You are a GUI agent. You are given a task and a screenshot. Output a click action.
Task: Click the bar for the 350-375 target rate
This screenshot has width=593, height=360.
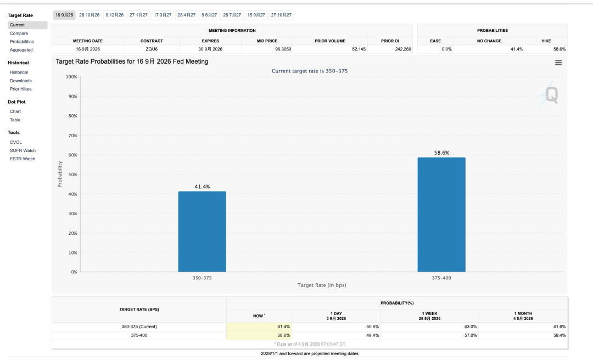click(x=202, y=232)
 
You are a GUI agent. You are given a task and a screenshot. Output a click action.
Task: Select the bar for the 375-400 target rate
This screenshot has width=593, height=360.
click(x=441, y=215)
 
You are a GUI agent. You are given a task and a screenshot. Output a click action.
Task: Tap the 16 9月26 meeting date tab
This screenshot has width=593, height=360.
click(x=64, y=15)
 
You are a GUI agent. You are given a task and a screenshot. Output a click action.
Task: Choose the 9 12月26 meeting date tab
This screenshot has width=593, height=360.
click(x=115, y=15)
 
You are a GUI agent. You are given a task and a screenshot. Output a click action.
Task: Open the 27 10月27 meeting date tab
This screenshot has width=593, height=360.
click(x=281, y=15)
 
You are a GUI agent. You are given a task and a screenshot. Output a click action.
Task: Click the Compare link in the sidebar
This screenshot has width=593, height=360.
click(x=19, y=33)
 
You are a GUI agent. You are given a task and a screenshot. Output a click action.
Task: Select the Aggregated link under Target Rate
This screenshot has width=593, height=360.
click(x=21, y=50)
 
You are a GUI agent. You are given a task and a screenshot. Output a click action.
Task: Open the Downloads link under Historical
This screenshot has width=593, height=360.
click(x=21, y=81)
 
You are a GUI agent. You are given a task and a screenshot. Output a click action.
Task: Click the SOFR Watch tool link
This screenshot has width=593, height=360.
click(x=23, y=150)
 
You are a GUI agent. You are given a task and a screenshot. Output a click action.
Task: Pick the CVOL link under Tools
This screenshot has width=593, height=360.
click(x=16, y=142)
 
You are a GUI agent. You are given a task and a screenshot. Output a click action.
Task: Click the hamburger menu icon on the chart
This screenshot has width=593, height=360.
click(x=558, y=63)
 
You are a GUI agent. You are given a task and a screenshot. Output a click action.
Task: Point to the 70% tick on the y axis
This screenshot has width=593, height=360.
click(x=72, y=136)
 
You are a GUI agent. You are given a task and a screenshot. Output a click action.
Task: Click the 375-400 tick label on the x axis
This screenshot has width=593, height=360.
click(x=441, y=278)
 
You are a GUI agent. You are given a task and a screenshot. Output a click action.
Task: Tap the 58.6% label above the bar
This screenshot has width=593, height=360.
click(x=441, y=153)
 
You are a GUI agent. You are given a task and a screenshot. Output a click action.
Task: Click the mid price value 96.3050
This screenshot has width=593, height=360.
click(x=283, y=49)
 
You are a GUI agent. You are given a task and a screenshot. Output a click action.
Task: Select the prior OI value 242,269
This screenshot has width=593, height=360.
click(x=403, y=49)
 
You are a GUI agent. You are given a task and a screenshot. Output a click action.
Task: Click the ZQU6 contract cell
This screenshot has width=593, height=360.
click(x=152, y=49)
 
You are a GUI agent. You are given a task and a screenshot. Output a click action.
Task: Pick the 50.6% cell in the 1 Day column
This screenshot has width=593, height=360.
click(x=372, y=327)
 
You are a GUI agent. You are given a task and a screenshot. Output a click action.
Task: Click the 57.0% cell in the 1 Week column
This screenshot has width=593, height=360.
click(x=471, y=335)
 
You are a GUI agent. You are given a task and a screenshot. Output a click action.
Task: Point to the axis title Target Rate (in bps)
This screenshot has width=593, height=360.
click(x=321, y=285)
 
